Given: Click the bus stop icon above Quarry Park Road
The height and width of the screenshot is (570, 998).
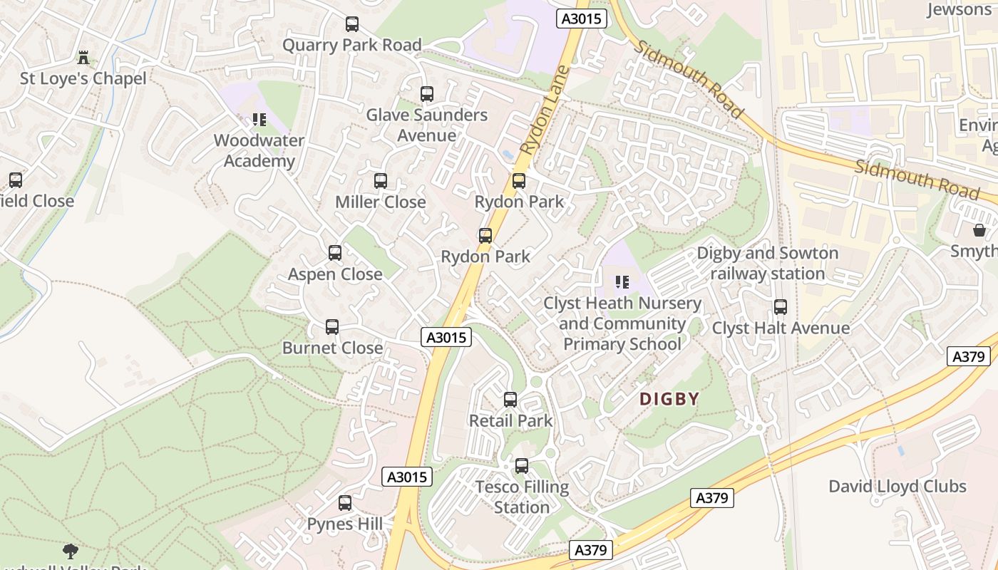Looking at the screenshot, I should [352, 24].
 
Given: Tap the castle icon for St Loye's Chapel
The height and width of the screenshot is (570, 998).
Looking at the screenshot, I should [83, 58].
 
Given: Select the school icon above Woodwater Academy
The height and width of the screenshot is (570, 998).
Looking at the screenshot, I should [259, 120].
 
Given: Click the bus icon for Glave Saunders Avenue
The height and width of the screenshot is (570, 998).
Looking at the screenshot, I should [427, 94].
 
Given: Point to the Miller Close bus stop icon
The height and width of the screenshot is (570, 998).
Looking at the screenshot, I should [381, 181].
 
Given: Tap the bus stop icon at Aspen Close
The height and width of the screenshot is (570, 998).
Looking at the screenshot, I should [335, 253].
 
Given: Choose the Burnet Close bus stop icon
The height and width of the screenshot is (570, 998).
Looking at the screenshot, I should [332, 327].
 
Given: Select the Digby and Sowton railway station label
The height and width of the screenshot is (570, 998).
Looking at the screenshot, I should [767, 263].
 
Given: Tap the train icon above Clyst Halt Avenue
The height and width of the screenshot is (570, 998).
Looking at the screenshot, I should [781, 307].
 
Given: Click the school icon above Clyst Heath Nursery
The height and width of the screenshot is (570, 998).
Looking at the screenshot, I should [622, 282].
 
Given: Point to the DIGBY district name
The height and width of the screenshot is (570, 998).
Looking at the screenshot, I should [669, 399].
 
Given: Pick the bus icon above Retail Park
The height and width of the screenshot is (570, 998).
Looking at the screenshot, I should [510, 400].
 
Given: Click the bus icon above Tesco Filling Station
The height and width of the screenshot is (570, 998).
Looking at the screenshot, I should [522, 466].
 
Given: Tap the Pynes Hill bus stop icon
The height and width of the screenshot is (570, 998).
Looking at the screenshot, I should [345, 503].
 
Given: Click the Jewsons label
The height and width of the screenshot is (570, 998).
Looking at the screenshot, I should [959, 9].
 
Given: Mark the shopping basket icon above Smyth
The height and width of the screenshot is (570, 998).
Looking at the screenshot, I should [979, 230].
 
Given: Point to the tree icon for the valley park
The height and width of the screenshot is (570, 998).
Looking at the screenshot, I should [70, 551].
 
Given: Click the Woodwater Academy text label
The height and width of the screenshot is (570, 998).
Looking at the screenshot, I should [259, 150].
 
